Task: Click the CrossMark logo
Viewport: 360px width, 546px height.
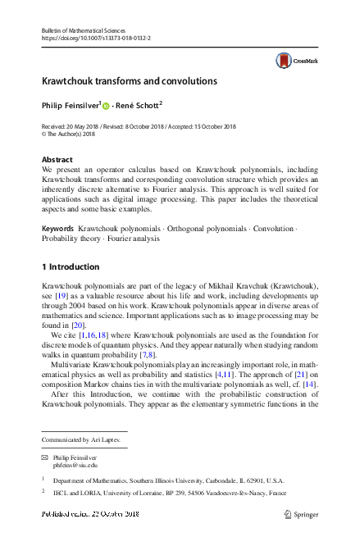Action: pyautogui.click(x=296, y=60)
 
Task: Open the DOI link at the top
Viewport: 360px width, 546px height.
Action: pyautogui.click(x=95, y=39)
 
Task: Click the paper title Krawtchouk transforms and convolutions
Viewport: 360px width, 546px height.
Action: pyautogui.click(x=129, y=82)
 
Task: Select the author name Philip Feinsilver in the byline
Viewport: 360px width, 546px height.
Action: pyautogui.click(x=70, y=105)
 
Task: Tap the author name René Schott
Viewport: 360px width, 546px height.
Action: pyautogui.click(x=139, y=105)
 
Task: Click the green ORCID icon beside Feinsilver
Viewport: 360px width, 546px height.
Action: pyautogui.click(x=106, y=105)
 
